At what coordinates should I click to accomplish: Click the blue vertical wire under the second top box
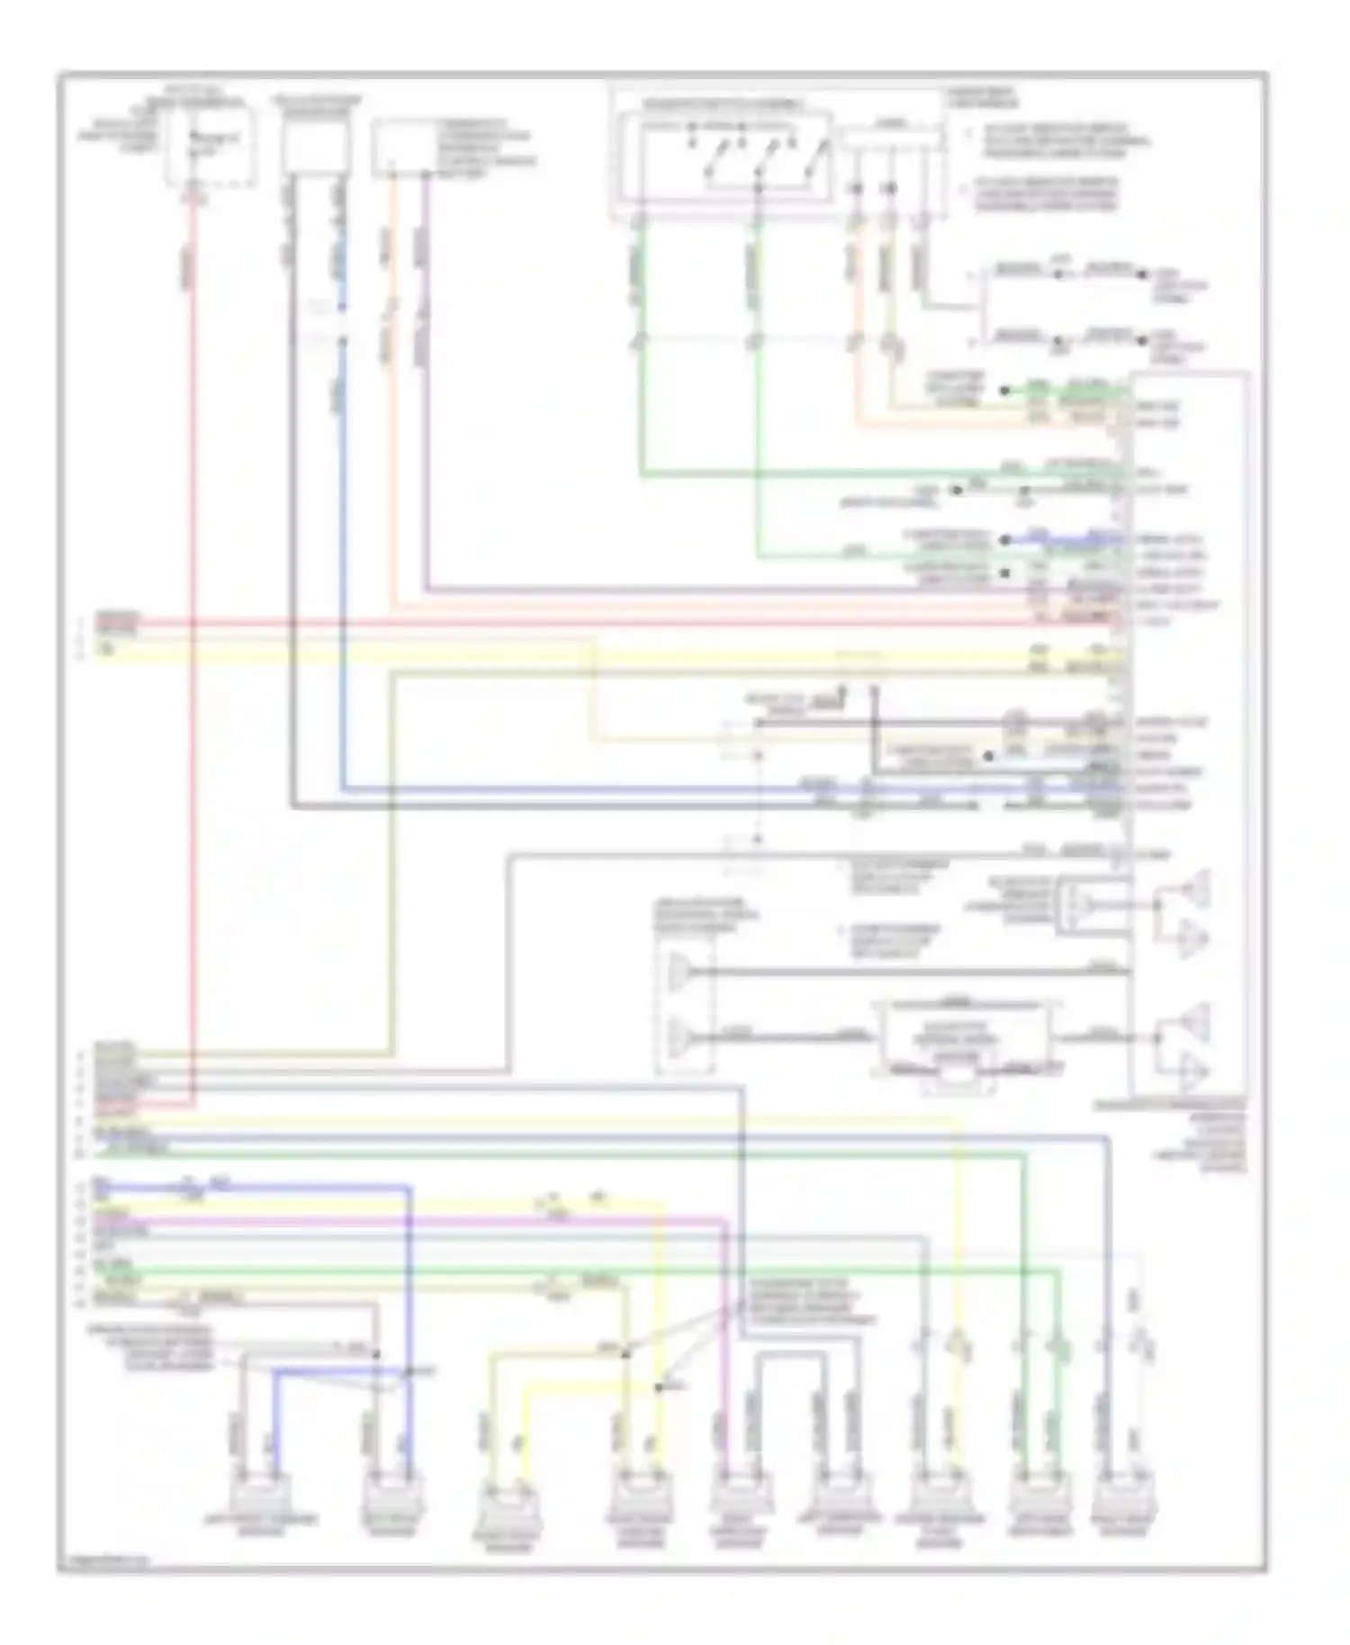pyautogui.click(x=342, y=540)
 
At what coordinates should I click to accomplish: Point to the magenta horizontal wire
pyautogui.click(x=450, y=1221)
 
